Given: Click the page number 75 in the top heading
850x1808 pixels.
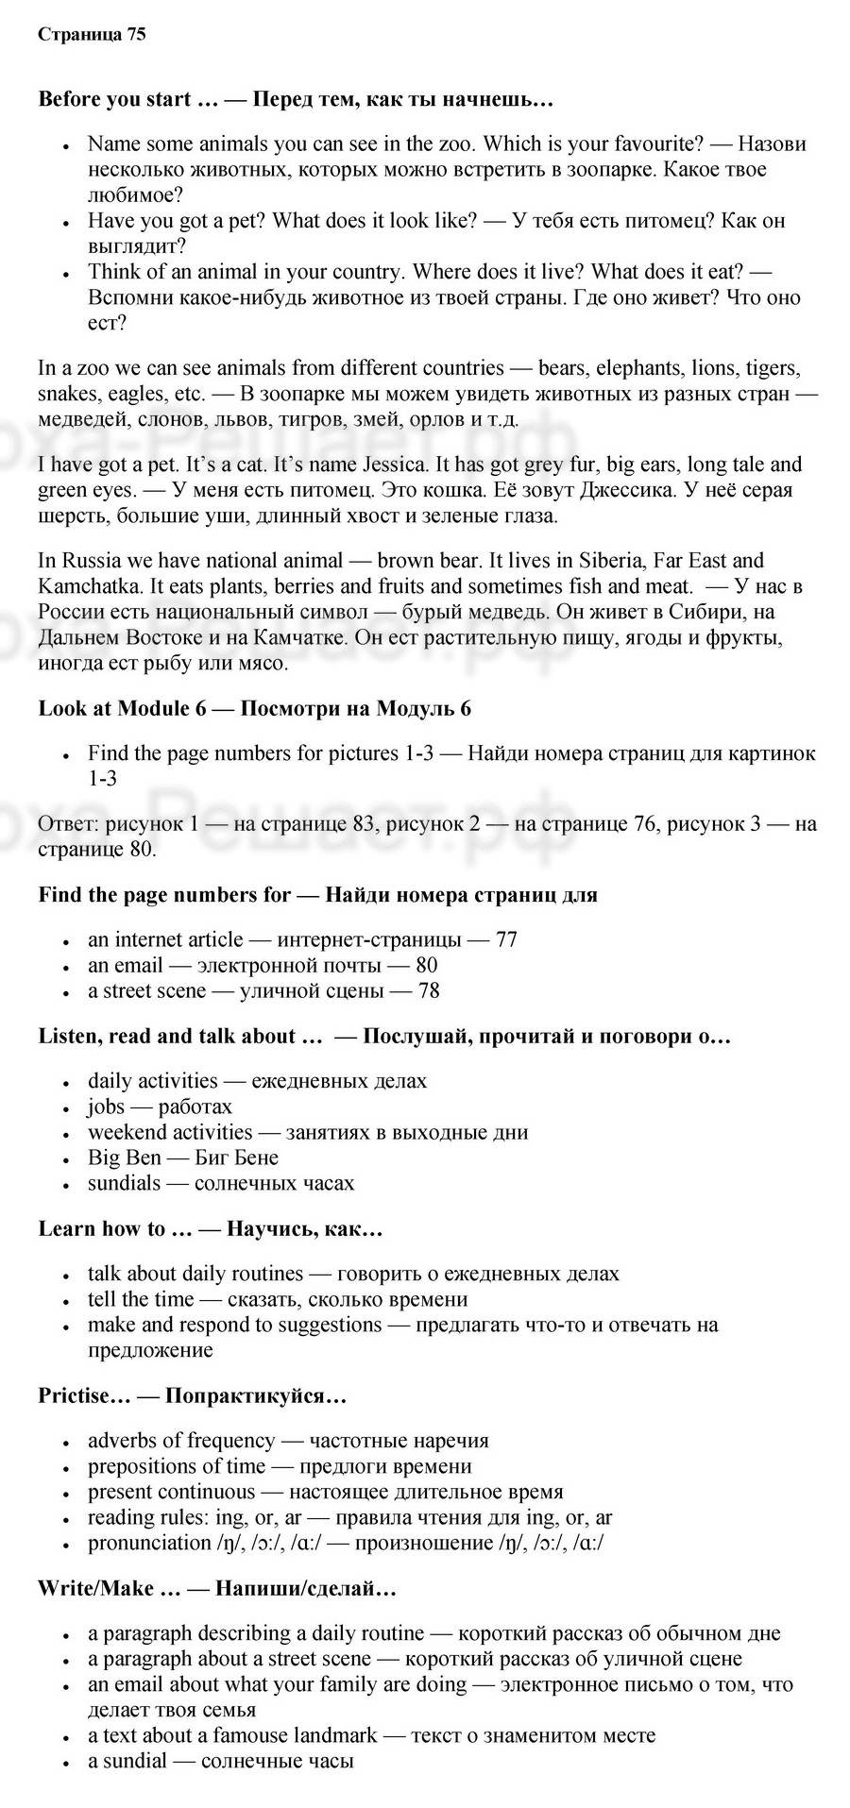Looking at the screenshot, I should (x=135, y=35).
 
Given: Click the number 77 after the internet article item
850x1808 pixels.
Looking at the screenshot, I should (x=506, y=939).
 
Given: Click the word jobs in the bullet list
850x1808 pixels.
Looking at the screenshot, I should (x=106, y=1107).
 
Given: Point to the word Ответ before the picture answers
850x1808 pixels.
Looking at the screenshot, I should (x=68, y=824).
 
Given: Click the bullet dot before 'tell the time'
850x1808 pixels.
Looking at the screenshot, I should (x=66, y=1301).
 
